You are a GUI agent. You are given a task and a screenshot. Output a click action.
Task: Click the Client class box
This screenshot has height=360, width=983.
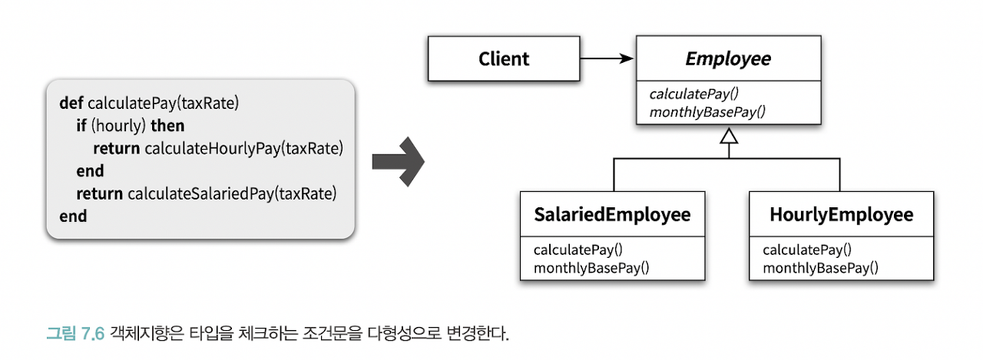pyautogui.click(x=504, y=59)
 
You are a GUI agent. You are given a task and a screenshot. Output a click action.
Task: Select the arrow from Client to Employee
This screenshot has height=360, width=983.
pyautogui.click(x=607, y=58)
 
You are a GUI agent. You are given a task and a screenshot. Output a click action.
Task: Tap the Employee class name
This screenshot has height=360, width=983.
pyautogui.click(x=728, y=59)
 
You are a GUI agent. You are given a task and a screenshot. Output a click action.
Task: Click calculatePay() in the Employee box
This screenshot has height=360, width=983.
pyautogui.click(x=693, y=94)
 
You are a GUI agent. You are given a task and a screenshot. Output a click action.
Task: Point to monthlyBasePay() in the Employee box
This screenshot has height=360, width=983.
pyautogui.click(x=707, y=112)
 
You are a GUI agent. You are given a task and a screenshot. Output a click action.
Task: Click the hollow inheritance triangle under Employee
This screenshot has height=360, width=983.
pyautogui.click(x=729, y=138)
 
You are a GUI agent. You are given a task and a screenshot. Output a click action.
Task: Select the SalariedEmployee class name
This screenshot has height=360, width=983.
pyautogui.click(x=612, y=214)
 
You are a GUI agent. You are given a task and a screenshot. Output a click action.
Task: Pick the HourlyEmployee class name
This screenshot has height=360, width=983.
pyautogui.click(x=842, y=214)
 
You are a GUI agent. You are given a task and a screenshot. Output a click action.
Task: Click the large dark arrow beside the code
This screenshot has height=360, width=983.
pyautogui.click(x=398, y=160)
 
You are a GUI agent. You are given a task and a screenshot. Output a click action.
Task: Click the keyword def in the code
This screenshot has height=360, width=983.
pyautogui.click(x=71, y=102)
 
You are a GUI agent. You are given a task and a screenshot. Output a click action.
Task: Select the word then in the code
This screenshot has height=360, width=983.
pyautogui.click(x=167, y=124)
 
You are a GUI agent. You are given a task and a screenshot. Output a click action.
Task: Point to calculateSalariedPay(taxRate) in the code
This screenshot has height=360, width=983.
pyautogui.click(x=233, y=193)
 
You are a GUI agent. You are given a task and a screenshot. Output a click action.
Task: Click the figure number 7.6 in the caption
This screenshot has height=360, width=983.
pyautogui.click(x=91, y=335)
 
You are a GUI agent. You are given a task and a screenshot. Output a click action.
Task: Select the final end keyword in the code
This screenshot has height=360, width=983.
pyautogui.click(x=73, y=216)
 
